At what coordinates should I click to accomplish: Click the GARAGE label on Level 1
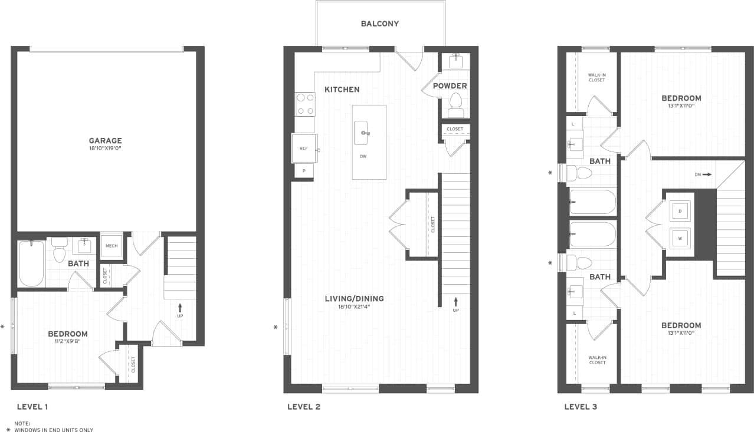[106, 141]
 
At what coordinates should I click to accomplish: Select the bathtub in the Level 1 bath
[31, 263]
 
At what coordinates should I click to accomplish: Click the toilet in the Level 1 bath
[59, 250]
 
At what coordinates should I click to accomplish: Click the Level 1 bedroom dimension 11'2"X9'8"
[68, 341]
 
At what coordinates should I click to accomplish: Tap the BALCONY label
[380, 24]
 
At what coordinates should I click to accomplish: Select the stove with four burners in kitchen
[305, 104]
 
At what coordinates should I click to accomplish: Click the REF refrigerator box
[304, 149]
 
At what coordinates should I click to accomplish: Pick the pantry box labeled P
[304, 171]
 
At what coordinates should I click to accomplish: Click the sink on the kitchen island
[362, 133]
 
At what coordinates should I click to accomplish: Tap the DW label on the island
[363, 157]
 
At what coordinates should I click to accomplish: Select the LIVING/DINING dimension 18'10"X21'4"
[354, 307]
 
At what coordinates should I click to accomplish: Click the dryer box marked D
[680, 211]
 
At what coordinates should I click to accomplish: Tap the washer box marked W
[680, 239]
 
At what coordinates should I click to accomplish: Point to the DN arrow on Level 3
[707, 174]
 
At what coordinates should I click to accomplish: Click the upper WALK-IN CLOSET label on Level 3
[596, 77]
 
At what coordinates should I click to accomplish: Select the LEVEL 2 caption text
[303, 407]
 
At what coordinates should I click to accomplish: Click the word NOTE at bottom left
[22, 423]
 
